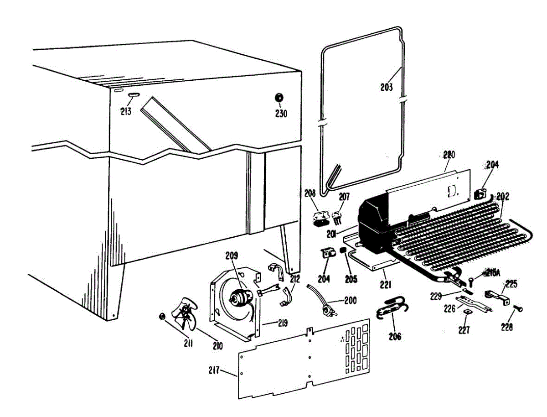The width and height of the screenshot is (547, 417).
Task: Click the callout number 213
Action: click(126, 111)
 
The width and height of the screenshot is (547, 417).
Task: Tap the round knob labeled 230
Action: click(279, 98)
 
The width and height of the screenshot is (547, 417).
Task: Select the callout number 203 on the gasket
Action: click(386, 86)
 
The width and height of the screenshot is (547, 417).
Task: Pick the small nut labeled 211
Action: click(161, 317)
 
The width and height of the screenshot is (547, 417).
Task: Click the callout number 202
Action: click(503, 197)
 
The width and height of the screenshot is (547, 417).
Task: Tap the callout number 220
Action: click(449, 155)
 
